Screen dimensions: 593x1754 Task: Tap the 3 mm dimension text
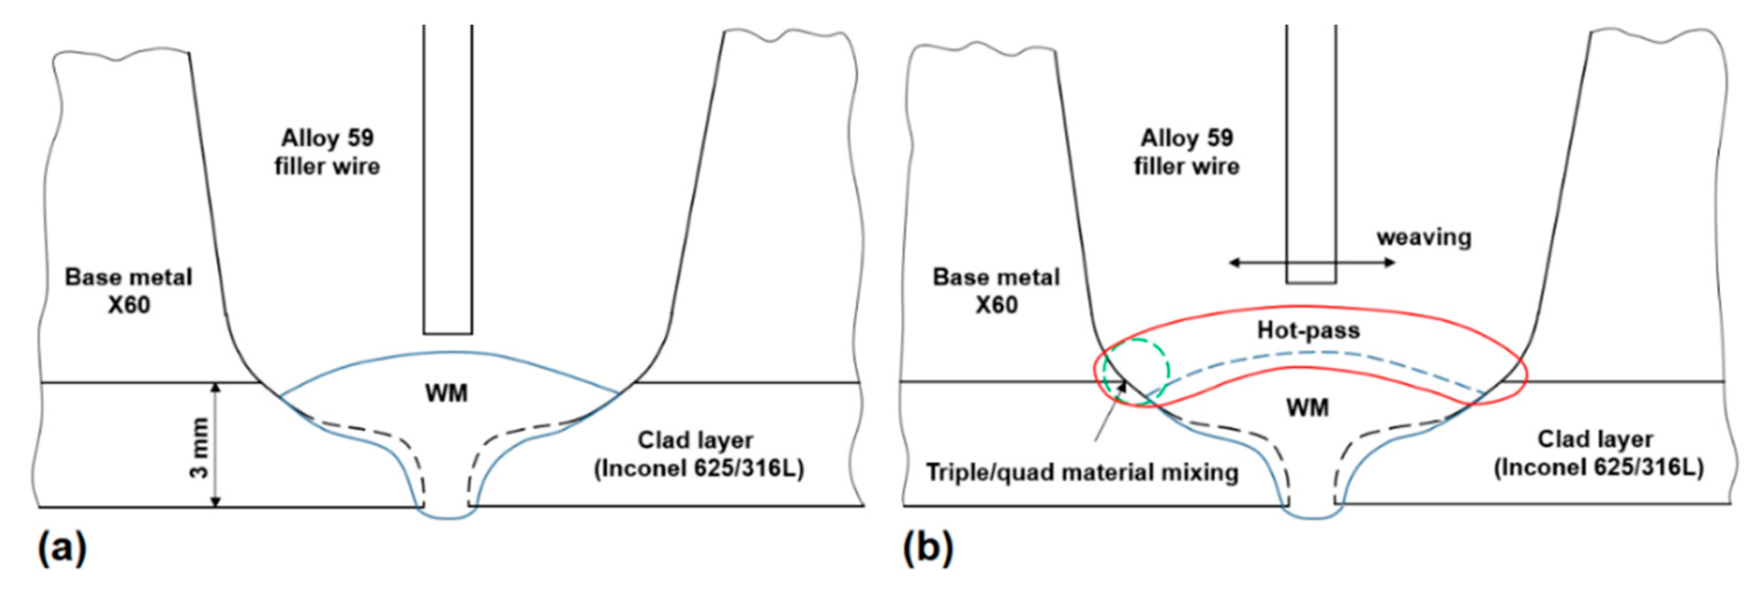tap(199, 446)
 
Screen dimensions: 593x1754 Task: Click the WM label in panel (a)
tap(446, 394)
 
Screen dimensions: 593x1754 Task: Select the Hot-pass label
tap(1308, 331)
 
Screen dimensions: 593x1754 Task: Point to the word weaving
tap(1424, 238)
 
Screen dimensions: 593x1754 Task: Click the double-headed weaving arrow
tap(1312, 263)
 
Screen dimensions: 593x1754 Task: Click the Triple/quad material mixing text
tap(1082, 472)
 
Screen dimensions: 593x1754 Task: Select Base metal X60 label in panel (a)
tap(128, 291)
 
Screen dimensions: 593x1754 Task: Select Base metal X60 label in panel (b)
tap(996, 291)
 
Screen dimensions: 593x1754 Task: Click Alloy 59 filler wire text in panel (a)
tap(327, 152)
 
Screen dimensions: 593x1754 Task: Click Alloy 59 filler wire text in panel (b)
tap(1187, 152)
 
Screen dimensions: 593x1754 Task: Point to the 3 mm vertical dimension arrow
tap(216, 445)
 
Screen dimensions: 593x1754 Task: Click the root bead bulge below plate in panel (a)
tap(447, 514)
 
